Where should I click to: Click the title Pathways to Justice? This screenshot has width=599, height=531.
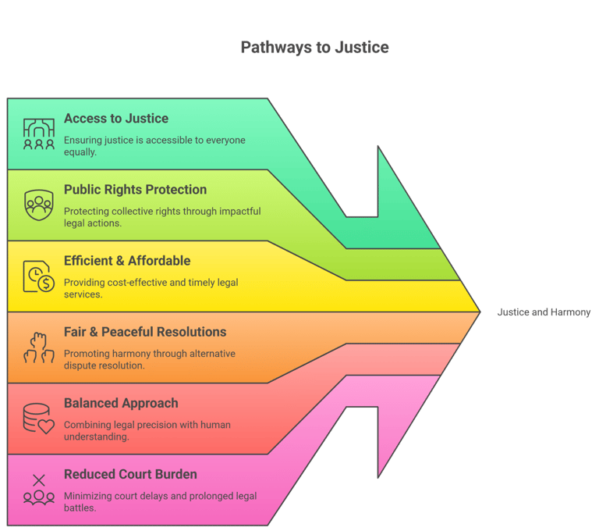[x=314, y=48]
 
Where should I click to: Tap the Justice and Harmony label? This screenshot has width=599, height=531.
[x=544, y=312]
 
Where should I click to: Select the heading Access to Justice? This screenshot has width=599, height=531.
[x=116, y=119]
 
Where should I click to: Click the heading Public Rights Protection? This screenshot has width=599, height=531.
[x=135, y=190]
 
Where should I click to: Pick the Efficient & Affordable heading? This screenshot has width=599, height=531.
[x=127, y=261]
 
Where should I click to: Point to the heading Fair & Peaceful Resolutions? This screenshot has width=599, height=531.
[x=145, y=332]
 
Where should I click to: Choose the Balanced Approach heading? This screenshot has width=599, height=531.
[x=121, y=403]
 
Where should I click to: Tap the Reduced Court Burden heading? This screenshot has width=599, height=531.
[x=130, y=474]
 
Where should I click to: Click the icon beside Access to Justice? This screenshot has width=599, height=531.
[x=38, y=134]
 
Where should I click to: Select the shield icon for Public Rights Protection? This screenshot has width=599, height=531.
[x=38, y=205]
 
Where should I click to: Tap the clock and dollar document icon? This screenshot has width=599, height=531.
[x=38, y=276]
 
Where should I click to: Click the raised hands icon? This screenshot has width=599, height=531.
[x=38, y=347]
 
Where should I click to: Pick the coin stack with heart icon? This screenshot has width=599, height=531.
[x=38, y=419]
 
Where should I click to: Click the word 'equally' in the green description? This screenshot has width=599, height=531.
[x=80, y=152]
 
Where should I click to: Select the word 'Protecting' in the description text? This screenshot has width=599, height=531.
[x=87, y=211]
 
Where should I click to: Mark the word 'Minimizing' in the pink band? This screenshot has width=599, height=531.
[x=90, y=496]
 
